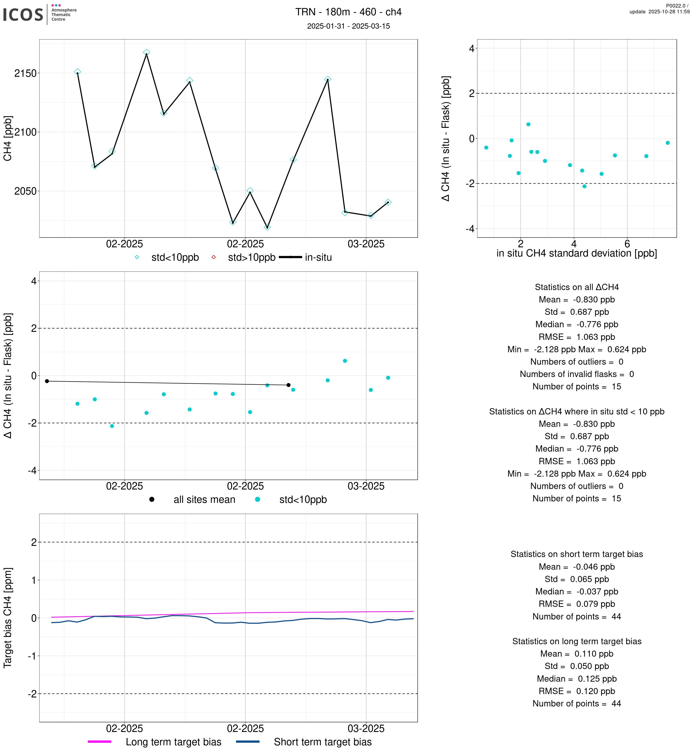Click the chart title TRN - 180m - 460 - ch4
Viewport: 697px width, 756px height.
[348, 12]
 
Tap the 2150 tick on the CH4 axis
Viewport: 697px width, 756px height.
[25, 73]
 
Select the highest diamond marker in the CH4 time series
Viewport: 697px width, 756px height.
[146, 52]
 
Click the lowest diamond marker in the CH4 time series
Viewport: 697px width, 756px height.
[267, 227]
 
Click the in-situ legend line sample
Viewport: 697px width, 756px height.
[290, 257]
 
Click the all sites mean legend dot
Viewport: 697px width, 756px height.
[152, 499]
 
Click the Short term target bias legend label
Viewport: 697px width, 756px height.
[323, 742]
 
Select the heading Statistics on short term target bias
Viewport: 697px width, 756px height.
[576, 554]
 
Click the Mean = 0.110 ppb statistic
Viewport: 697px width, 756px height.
[576, 654]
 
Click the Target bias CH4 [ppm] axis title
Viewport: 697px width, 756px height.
[8, 618]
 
